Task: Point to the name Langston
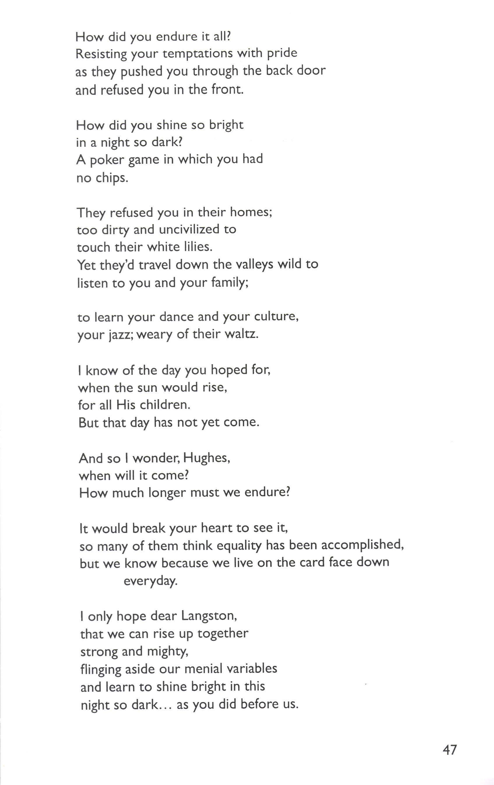pos(209,616)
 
